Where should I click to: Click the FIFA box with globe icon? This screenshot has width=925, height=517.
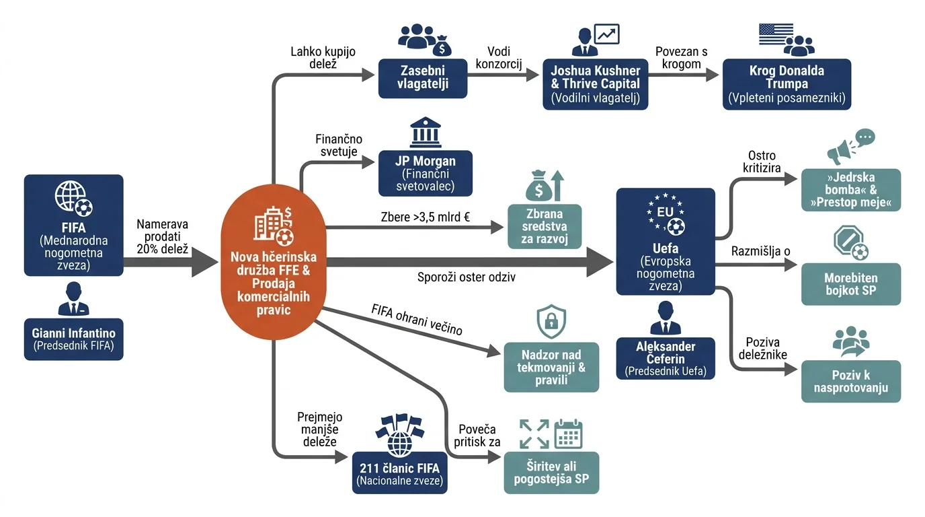click(73, 225)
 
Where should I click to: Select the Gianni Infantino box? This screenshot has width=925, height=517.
click(73, 339)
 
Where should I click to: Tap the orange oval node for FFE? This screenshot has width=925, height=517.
click(274, 262)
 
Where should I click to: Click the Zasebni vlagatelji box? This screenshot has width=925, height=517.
click(423, 78)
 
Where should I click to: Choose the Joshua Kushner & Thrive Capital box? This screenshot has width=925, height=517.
click(595, 84)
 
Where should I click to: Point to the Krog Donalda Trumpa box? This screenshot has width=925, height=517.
click(787, 84)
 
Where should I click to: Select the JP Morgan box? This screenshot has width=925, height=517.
click(426, 173)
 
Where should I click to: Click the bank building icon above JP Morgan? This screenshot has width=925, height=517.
click(426, 133)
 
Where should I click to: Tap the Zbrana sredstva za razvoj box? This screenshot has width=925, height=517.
click(545, 226)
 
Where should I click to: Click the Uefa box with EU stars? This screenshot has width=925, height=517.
click(666, 242)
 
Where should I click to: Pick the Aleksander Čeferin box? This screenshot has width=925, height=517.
click(666, 358)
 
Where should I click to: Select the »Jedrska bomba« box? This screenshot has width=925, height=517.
click(850, 190)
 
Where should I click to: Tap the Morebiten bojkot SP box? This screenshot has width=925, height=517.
click(850, 284)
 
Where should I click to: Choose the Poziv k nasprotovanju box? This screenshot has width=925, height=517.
click(850, 381)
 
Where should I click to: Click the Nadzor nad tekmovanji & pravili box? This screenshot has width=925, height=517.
click(551, 368)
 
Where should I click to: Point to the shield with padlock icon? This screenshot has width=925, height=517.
click(551, 322)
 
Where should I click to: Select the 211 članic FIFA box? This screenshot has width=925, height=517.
click(399, 473)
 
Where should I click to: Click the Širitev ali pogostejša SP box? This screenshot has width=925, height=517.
click(551, 473)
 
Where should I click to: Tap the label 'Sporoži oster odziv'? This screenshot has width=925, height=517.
click(467, 277)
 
